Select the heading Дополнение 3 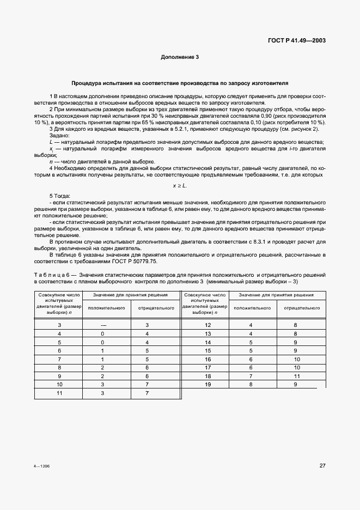click(x=180, y=57)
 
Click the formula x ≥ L click(x=180, y=186)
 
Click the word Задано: click(x=58, y=135)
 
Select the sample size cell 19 click(x=207, y=384)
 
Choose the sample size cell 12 click(x=207, y=325)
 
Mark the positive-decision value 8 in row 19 click(x=251, y=384)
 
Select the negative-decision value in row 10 click(x=147, y=384)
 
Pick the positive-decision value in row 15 click(x=251, y=351)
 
